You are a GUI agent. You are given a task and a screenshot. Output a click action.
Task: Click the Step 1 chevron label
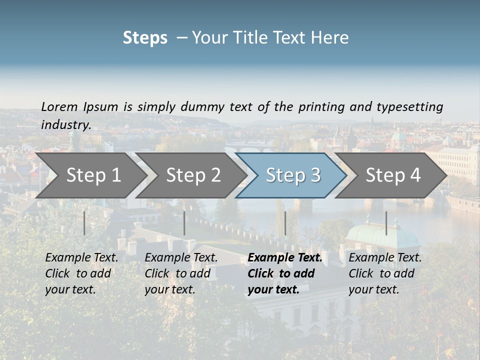click(93, 175)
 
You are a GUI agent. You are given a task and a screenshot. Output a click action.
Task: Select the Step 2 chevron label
click(193, 175)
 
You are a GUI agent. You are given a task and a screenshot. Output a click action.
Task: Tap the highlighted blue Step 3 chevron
click(293, 175)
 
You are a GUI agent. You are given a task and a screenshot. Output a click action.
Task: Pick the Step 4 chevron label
click(393, 175)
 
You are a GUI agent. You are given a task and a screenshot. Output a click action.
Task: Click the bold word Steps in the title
click(145, 37)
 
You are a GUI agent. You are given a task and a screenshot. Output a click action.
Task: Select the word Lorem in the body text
click(59, 106)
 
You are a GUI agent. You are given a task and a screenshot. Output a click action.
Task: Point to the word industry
click(66, 124)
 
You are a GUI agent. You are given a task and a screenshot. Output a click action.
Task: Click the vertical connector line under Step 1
click(84, 223)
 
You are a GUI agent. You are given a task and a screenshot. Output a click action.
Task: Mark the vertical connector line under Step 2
click(184, 223)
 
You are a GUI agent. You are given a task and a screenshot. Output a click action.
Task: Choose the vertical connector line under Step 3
click(285, 223)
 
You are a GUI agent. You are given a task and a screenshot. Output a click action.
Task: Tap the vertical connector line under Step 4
click(386, 223)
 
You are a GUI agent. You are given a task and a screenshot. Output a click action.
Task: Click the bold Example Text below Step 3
click(285, 258)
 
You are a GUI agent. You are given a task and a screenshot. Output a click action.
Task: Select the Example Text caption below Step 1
click(81, 258)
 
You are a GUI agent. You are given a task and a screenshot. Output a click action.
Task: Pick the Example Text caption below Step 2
click(181, 258)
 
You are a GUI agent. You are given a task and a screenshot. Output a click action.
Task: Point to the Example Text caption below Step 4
click(385, 258)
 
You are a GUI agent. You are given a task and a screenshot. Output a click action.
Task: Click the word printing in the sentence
click(322, 106)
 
